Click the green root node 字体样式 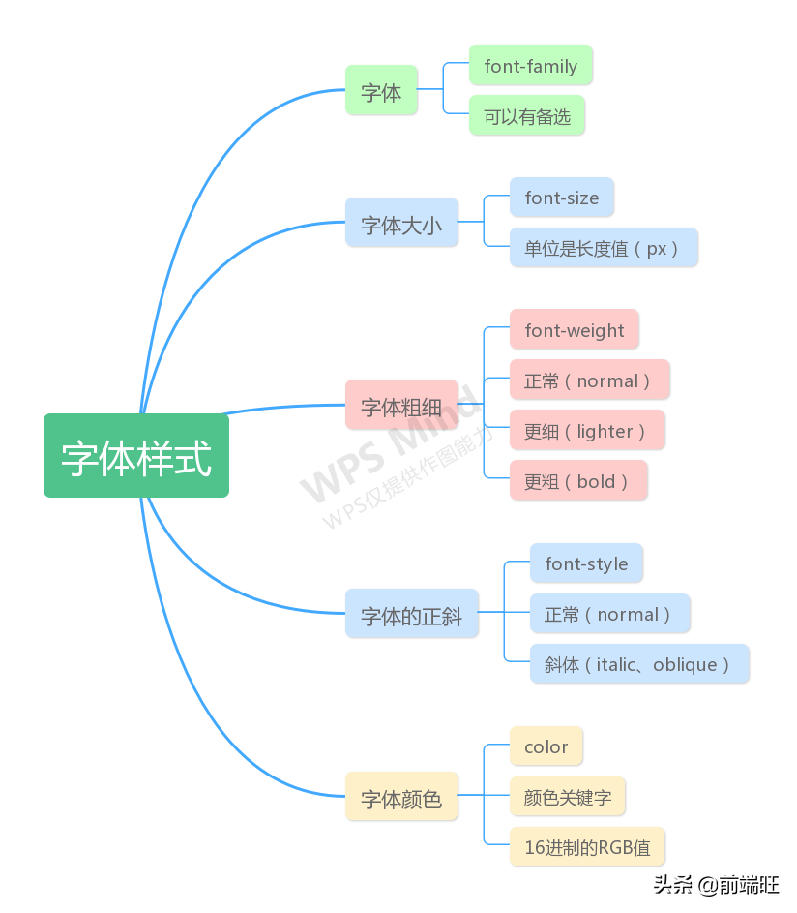(136, 456)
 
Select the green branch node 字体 (381, 91)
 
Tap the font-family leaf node (530, 66)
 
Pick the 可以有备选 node (527, 116)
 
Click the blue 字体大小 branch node (401, 224)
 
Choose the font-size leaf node (561, 198)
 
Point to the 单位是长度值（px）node (604, 248)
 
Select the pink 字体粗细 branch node (401, 406)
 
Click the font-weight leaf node (574, 330)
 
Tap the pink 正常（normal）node (589, 380)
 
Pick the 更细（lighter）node (586, 431)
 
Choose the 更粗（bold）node (578, 481)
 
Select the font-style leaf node (586, 563)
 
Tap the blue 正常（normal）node (609, 614)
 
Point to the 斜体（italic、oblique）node (639, 664)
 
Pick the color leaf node (546, 746)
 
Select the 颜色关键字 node (567, 797)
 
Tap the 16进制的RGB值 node (587, 847)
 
